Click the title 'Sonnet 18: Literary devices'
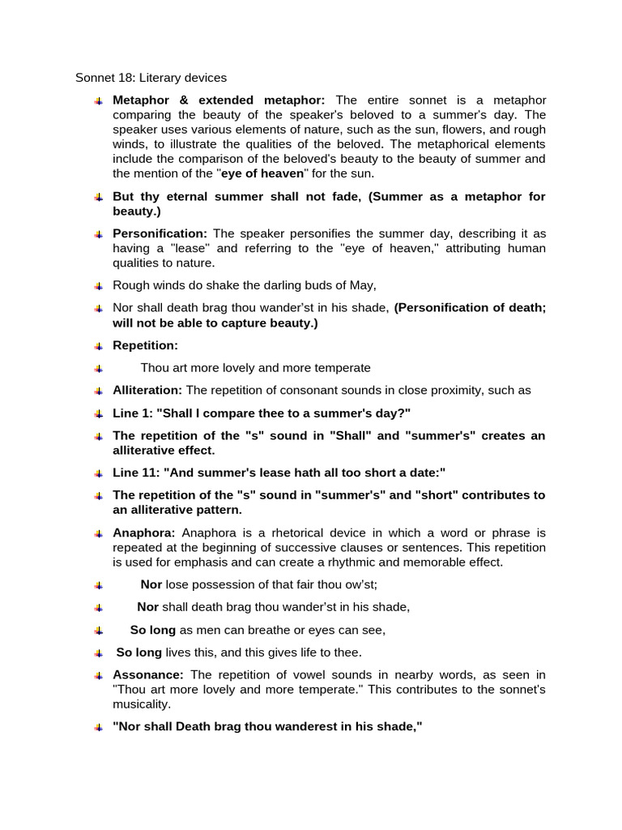coord(151,78)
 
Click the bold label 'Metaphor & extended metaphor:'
coord(219,101)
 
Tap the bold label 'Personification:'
coord(160,233)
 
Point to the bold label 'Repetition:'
coord(146,345)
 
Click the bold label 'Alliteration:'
coord(147,390)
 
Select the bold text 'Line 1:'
coord(135,413)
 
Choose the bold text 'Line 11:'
coord(138,473)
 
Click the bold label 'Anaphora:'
coord(144,533)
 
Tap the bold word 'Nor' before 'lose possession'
coord(151,584)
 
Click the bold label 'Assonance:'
coord(148,674)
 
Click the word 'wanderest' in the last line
coord(312,727)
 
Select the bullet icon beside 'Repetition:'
coord(97,346)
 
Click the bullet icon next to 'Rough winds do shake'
coord(97,286)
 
